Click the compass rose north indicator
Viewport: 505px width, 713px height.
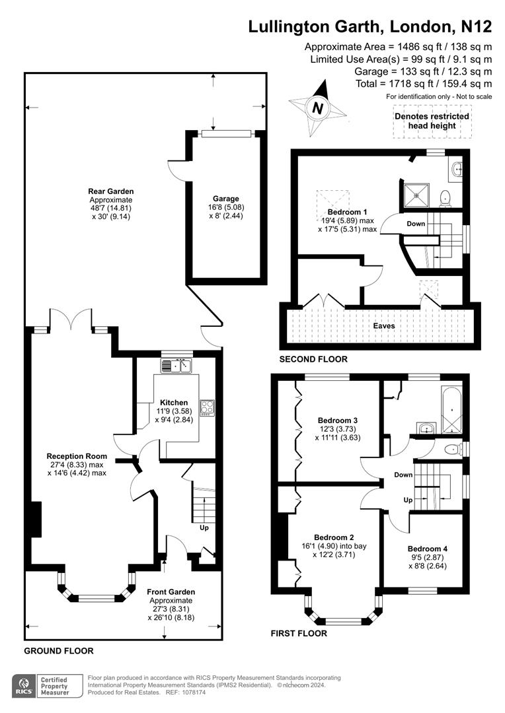pyautogui.click(x=318, y=107)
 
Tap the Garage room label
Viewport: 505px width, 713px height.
pyautogui.click(x=225, y=198)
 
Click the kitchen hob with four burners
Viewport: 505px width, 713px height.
pyautogui.click(x=207, y=408)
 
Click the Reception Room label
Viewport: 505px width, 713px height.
pyautogui.click(x=77, y=456)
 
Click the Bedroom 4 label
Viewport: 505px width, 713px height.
pyautogui.click(x=428, y=549)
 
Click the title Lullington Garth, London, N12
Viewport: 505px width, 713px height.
pyautogui.click(x=369, y=26)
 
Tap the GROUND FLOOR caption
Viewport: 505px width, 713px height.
pyautogui.click(x=59, y=651)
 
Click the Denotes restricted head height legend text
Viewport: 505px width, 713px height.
pyautogui.click(x=432, y=121)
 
